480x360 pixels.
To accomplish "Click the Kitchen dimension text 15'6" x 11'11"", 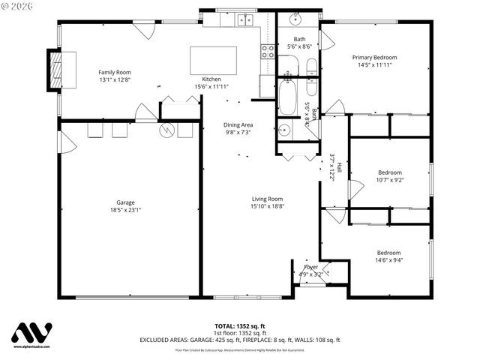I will [x=211, y=86].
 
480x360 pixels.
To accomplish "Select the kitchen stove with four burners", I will [x=268, y=51].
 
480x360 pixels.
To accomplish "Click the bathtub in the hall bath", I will [x=289, y=97].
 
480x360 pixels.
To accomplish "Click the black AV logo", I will [x=32, y=334].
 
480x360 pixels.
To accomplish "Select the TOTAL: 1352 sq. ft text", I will [x=240, y=326].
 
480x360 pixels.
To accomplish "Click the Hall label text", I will [x=339, y=167].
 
